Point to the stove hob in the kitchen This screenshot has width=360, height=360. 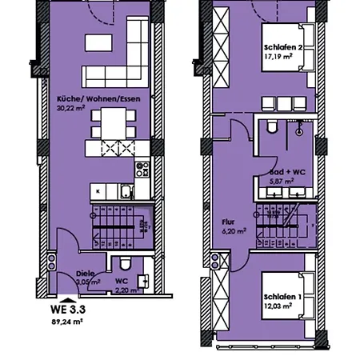click(143, 169)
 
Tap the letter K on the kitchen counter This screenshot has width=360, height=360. click(97, 192)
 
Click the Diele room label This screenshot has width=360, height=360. click(85, 273)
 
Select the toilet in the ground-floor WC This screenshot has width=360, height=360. click(122, 266)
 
